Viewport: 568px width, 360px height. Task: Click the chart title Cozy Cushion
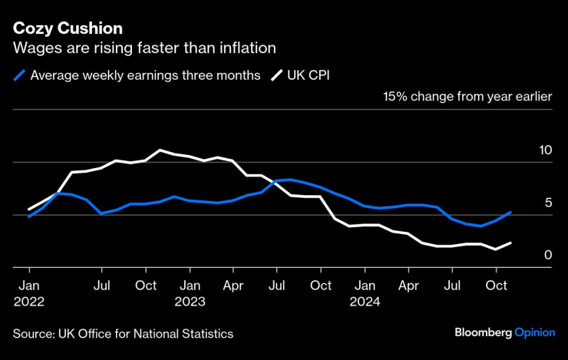(68, 28)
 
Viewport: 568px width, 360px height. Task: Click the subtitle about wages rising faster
(144, 48)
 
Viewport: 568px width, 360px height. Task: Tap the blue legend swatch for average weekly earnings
(20, 75)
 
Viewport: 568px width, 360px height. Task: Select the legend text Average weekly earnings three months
(145, 75)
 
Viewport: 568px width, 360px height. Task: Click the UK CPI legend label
(308, 75)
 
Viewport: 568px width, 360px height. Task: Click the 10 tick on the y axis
(546, 150)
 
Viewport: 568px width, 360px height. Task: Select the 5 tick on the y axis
(548, 203)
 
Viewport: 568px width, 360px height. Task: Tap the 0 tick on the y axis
(548, 254)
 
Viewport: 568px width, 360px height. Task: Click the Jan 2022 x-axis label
(28, 293)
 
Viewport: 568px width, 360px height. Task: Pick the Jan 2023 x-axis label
(190, 293)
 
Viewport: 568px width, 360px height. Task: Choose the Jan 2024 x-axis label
(365, 293)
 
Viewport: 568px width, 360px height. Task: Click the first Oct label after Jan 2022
(146, 286)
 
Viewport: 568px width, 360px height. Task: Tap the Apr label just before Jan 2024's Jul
(408, 286)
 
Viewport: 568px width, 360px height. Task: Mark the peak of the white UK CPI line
(160, 150)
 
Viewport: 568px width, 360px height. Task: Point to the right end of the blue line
(510, 213)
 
